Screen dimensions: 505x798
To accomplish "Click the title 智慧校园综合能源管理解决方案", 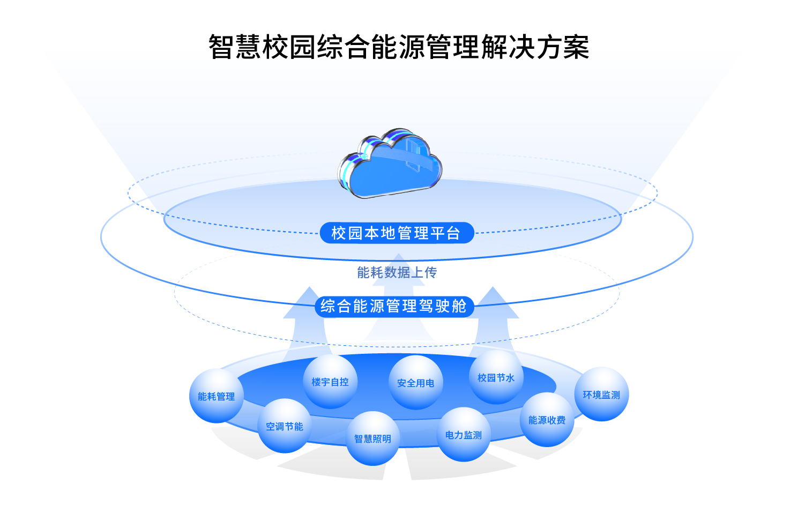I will pos(399,47).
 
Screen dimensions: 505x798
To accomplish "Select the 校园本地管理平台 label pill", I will pos(397,233).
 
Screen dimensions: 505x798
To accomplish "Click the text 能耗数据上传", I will pos(397,272).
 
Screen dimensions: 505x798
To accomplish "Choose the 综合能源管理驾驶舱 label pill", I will pos(394,306).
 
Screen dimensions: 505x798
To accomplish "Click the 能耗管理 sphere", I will pos(216,396).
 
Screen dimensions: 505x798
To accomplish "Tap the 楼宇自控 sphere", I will pos(330,382).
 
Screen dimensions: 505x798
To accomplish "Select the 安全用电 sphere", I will pos(416,383).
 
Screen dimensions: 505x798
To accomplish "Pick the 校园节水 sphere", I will pos(496,377).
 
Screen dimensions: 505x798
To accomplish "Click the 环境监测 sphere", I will pos(601,395).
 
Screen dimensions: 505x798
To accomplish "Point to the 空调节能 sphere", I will pos(285,426).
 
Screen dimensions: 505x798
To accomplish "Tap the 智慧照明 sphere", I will pos(373,439).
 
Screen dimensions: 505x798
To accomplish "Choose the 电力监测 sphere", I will pos(464,435).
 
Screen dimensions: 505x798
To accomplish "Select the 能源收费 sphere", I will pos(547,420).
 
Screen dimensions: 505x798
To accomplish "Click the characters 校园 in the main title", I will pos(289,47).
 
